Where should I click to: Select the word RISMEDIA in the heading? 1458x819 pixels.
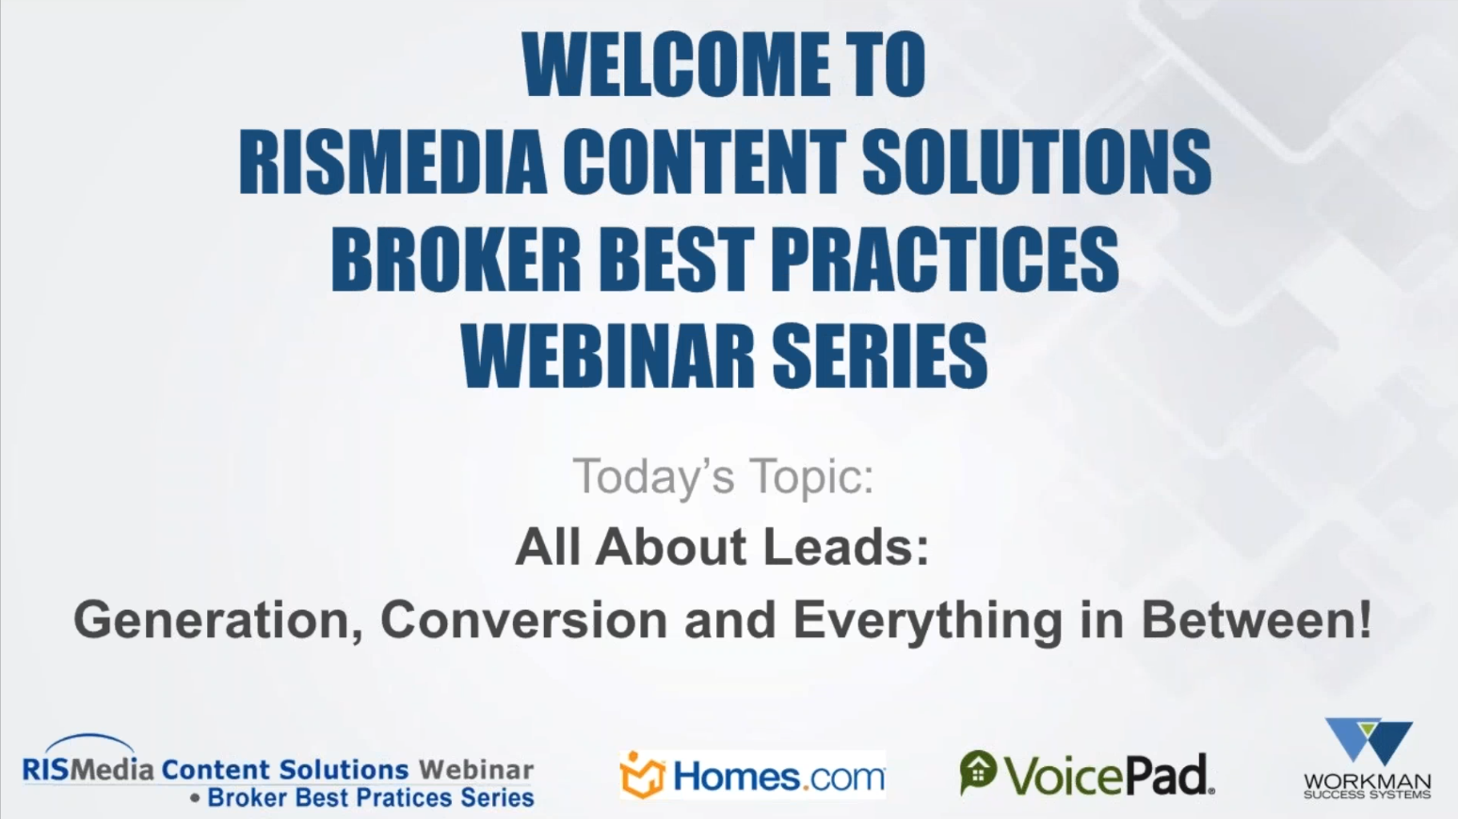point(393,162)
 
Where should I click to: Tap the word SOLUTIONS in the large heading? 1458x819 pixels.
point(1036,162)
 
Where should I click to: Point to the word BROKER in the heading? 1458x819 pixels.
point(456,260)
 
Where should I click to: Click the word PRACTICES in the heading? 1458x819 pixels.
point(945,260)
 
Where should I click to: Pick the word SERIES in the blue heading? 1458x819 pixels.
point(880,357)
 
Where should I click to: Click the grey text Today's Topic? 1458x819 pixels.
point(723,476)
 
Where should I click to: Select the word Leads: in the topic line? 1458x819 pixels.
point(845,547)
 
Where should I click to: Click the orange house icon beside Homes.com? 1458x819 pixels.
point(642,776)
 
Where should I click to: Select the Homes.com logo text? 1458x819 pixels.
point(778,778)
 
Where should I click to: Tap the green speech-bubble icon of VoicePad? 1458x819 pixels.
point(978,772)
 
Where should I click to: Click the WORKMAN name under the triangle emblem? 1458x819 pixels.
point(1367,782)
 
